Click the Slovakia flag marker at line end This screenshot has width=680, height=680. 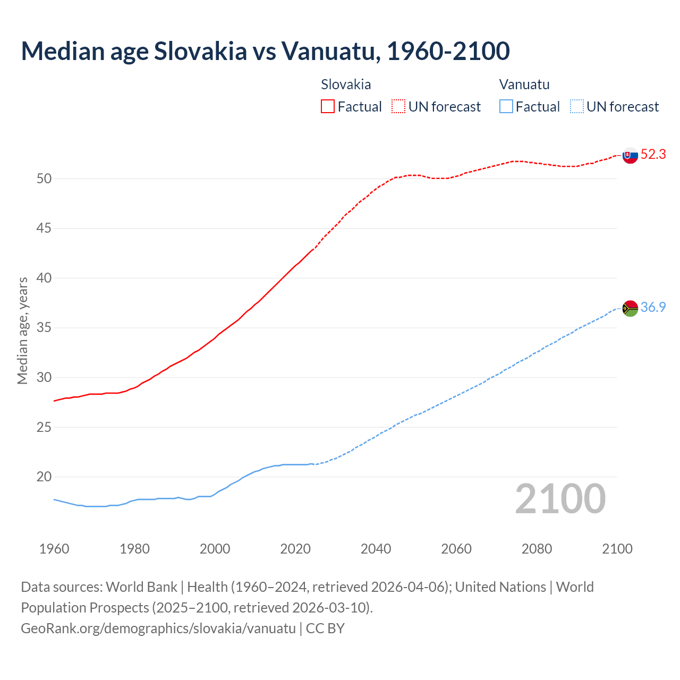630,155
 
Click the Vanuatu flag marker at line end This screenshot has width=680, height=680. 630,308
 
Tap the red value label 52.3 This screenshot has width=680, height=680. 653,155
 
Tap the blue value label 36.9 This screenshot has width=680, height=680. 653,308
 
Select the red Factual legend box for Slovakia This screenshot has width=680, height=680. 328,107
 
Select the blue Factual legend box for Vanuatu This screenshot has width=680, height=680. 506,107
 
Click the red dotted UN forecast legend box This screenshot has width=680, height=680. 398,107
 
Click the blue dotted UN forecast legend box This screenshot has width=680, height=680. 577,107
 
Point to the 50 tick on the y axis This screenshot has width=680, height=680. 44,179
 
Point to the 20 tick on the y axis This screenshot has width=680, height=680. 44,477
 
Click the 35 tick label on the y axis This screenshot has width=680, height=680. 44,328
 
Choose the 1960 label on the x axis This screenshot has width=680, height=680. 54,549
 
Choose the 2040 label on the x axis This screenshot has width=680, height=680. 376,549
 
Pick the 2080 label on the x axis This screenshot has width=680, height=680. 537,549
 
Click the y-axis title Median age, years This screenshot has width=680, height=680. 22,330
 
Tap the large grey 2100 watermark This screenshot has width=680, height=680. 560,499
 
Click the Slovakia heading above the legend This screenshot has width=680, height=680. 346,84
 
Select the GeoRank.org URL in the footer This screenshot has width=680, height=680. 158,628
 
